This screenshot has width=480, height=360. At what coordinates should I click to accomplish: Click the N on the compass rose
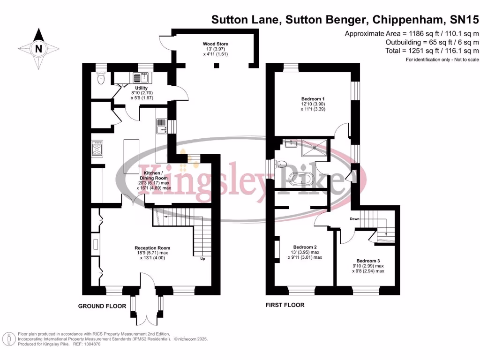[x=39, y=48]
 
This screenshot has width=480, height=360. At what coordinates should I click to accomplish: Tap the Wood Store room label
[x=216, y=44]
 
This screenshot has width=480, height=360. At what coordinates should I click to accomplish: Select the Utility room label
[x=141, y=88]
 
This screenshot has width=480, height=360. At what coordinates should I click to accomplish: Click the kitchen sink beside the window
[x=161, y=127]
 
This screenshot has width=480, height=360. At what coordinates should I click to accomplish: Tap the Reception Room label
[x=152, y=248]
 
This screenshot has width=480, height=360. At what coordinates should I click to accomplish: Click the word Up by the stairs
[x=202, y=259]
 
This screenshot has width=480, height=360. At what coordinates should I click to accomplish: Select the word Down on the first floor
[x=354, y=219]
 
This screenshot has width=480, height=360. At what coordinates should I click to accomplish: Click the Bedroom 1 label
[x=313, y=99]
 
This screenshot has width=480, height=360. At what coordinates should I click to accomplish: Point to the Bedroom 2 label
[x=305, y=247]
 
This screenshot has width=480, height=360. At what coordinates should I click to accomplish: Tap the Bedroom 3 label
[x=368, y=261]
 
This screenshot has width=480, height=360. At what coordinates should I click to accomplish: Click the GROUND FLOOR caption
[x=102, y=306]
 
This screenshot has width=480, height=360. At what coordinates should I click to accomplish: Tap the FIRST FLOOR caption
[x=285, y=305]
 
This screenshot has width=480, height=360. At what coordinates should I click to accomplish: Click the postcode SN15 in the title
[x=466, y=20]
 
